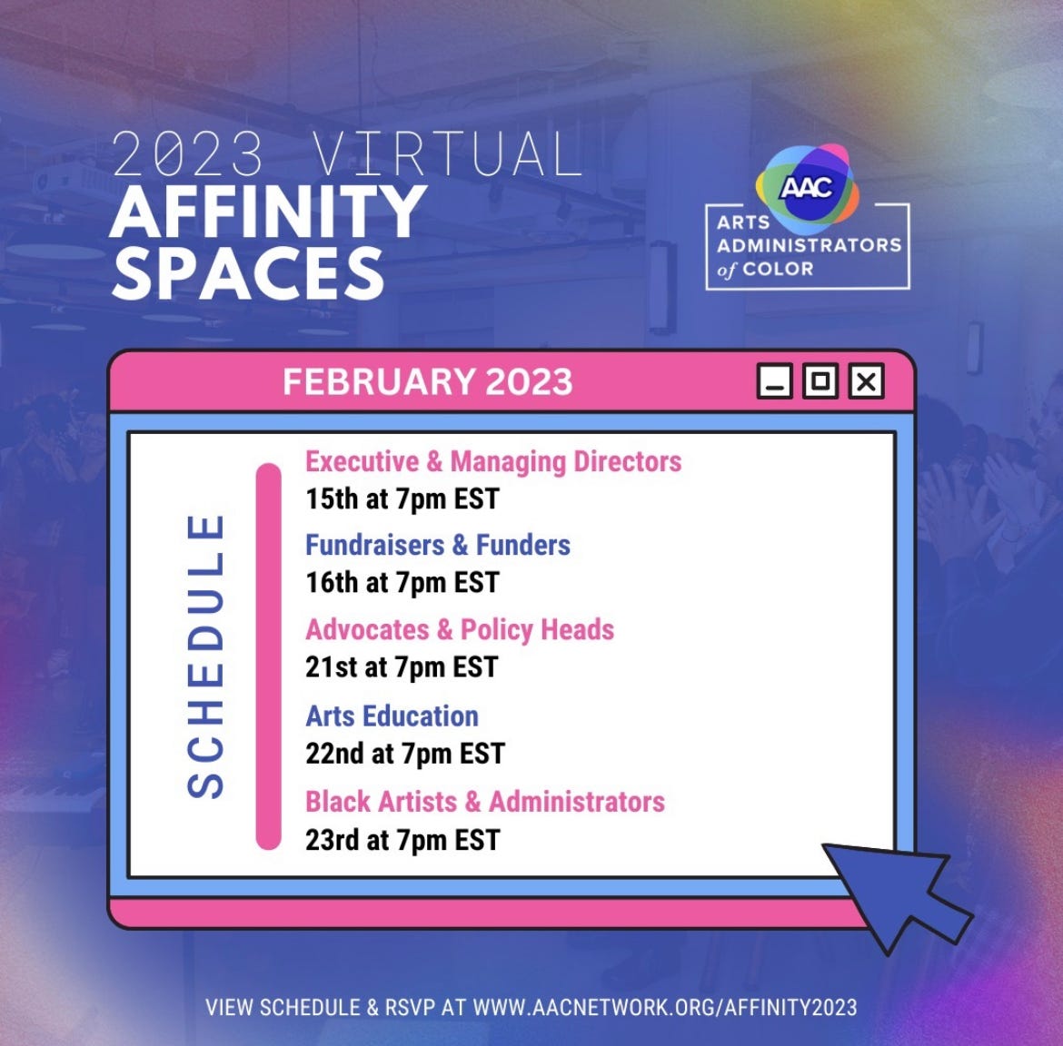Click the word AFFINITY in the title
(269, 211)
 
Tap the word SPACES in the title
(248, 272)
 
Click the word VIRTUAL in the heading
(448, 154)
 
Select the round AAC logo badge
(807, 185)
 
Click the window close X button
(867, 381)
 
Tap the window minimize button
(775, 381)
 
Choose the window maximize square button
(820, 381)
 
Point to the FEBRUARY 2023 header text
(427, 381)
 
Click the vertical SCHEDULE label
(205, 656)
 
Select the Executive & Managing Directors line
(493, 461)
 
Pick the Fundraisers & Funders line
(438, 545)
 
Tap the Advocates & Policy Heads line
(460, 629)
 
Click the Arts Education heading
(392, 715)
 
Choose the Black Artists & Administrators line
(485, 801)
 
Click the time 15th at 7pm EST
(402, 498)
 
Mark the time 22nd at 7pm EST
(405, 753)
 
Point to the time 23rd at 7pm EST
(402, 839)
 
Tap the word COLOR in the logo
(778, 269)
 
